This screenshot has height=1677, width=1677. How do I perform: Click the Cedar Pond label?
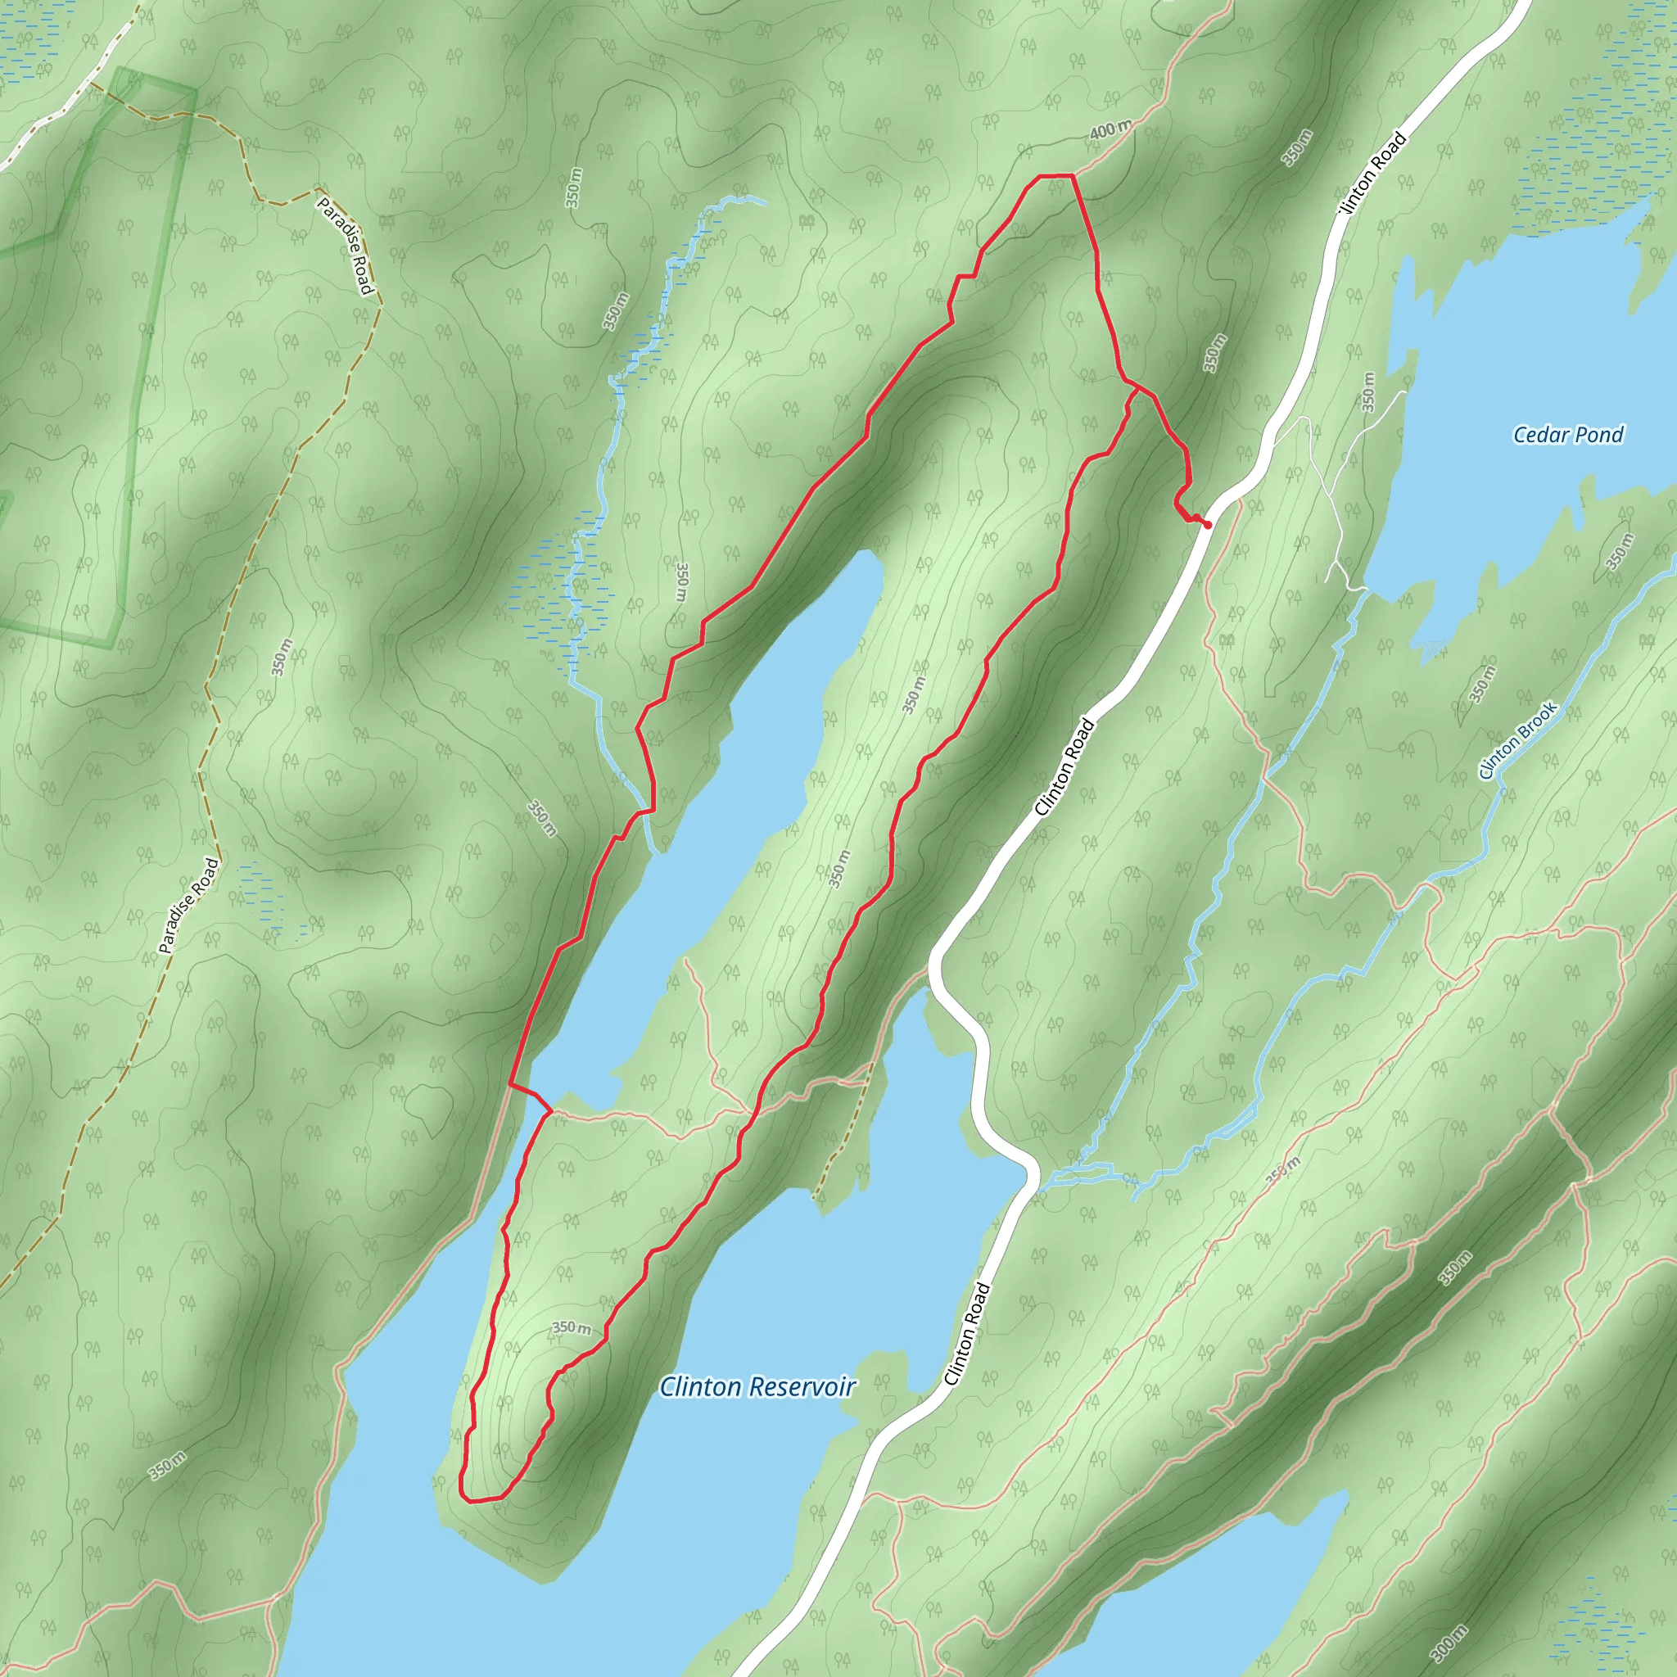tap(1567, 435)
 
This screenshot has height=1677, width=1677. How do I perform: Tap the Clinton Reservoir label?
tap(757, 1386)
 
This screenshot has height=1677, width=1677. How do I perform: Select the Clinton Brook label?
tap(1518, 739)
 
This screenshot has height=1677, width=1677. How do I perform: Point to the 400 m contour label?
tap(1110, 130)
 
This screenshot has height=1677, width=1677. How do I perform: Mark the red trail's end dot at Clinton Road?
tap(1208, 524)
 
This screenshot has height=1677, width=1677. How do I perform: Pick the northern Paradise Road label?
tap(345, 246)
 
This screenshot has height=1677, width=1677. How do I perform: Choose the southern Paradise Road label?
tap(189, 906)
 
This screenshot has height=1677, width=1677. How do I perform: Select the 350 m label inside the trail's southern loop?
tap(572, 1328)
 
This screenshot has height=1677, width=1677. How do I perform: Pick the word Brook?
tap(1539, 720)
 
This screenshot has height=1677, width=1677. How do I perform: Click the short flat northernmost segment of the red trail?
tap(1055, 175)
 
